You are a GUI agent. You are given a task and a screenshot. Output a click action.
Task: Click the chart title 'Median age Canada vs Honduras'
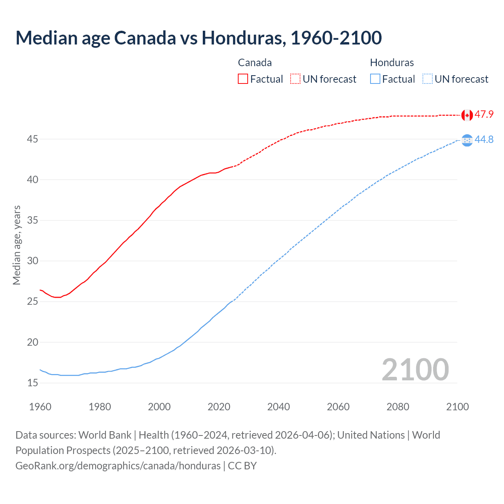click(198, 38)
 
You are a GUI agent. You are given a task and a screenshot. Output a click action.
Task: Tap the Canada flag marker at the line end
click(467, 115)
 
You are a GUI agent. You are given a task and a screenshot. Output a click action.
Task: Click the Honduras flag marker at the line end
click(467, 140)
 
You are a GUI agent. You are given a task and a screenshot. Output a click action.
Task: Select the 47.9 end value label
click(484, 115)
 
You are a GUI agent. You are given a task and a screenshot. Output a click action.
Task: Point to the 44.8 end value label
click(484, 140)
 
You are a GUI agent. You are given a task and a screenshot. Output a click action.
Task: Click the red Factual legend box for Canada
click(243, 79)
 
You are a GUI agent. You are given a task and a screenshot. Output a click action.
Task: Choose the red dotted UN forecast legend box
click(295, 79)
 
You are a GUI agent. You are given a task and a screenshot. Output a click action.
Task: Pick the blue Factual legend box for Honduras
click(375, 79)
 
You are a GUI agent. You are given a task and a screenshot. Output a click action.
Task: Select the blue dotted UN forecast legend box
click(427, 79)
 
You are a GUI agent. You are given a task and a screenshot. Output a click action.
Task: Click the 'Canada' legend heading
click(255, 63)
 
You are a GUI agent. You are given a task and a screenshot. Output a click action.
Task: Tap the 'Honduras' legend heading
click(392, 63)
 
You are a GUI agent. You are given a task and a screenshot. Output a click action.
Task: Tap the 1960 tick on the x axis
click(40, 407)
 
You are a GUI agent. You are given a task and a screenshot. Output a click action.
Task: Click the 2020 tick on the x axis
click(219, 407)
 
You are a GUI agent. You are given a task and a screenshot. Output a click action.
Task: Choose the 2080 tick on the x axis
click(398, 407)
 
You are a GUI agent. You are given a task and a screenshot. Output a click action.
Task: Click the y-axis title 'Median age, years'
click(17, 245)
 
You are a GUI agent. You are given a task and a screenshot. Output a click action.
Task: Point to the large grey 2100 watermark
click(415, 369)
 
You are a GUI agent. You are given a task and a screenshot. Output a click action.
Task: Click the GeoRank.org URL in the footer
click(118, 466)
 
